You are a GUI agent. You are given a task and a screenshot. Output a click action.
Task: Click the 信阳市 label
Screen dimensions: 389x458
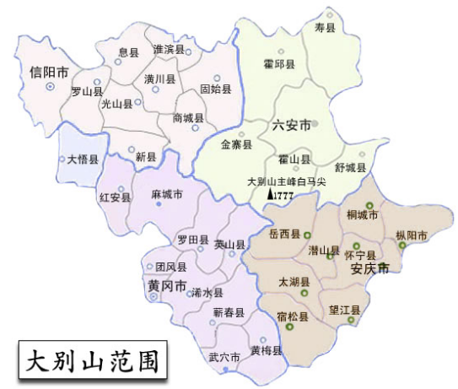tap(48, 71)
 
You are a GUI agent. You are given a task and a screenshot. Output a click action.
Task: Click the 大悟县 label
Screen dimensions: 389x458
tap(84, 159)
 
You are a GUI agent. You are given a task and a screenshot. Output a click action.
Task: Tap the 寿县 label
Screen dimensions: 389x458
tap(325, 29)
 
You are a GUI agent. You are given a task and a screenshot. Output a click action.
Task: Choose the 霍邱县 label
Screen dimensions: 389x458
tap(279, 63)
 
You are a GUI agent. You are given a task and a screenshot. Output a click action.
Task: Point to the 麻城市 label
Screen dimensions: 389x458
tap(167, 195)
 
